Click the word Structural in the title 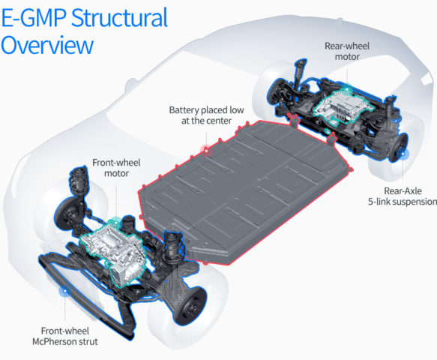(120, 18)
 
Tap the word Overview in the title (47, 46)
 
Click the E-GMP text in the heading (34, 18)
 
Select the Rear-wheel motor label (347, 51)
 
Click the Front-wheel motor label (116, 168)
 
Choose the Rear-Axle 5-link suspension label (403, 196)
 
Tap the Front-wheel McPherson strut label (65, 336)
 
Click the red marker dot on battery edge (206, 150)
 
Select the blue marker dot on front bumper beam (65, 291)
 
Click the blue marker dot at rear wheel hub (403, 154)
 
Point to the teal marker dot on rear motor (347, 90)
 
